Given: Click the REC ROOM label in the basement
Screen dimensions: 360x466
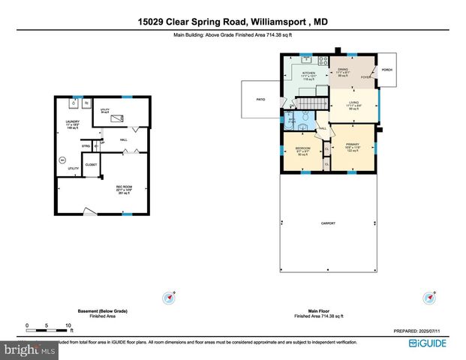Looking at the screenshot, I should pos(124,187).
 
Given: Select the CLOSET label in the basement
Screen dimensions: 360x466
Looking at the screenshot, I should pos(91,163).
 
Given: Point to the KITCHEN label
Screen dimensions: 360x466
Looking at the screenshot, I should pos(309,73).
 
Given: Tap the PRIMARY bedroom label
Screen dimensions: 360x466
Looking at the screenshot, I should pos(353,144).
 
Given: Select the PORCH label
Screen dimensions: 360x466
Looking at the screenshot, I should pos(387,70).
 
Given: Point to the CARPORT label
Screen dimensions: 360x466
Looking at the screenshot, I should pos(329,223).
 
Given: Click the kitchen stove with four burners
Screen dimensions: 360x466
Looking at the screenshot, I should pos(323,60).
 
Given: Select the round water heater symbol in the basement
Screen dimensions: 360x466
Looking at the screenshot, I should pos(63,159).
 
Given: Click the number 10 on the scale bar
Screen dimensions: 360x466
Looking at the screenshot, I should pos(68,325).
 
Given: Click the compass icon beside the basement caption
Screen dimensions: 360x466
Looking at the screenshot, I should pos(169,298).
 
